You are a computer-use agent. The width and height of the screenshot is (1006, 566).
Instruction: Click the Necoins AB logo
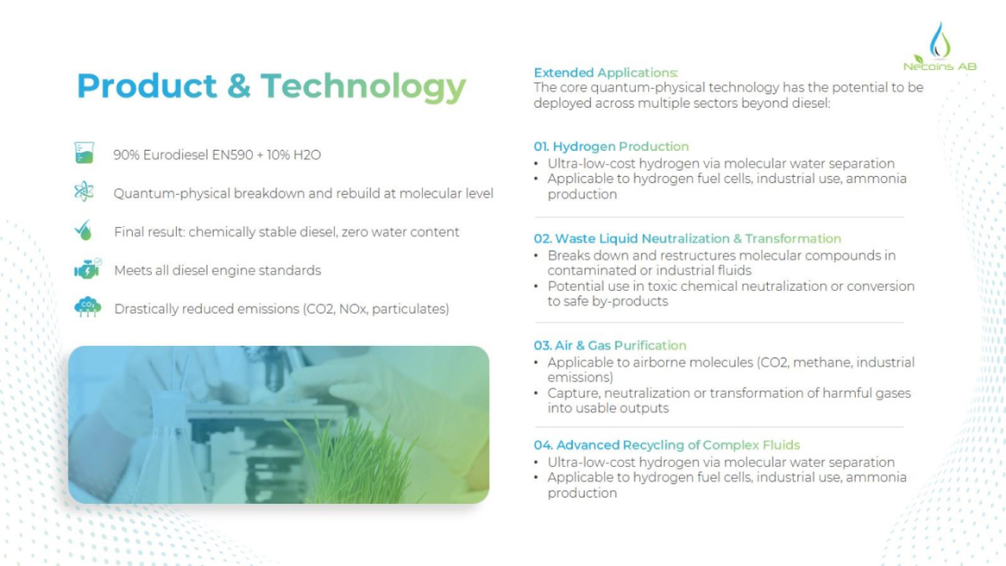pyautogui.click(x=940, y=46)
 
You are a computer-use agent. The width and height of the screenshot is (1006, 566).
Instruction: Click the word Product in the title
pyautogui.click(x=147, y=86)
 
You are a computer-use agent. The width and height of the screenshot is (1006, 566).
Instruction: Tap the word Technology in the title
pyautogui.click(x=363, y=87)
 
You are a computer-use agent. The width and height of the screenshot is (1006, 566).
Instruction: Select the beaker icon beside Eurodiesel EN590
pyautogui.click(x=84, y=153)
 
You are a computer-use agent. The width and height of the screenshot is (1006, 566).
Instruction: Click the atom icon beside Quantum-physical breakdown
pyautogui.click(x=84, y=191)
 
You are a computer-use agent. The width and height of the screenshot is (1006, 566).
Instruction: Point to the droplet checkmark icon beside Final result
pyautogui.click(x=83, y=230)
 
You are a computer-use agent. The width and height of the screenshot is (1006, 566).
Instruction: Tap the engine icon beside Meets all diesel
pyautogui.click(x=87, y=269)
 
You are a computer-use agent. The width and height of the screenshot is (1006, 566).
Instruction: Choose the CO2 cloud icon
pyautogui.click(x=87, y=307)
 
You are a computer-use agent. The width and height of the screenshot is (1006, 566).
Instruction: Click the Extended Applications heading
pyautogui.click(x=605, y=73)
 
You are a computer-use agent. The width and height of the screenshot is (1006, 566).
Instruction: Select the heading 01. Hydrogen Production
pyautogui.click(x=611, y=147)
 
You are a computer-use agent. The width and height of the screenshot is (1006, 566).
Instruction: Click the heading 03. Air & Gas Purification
pyautogui.click(x=610, y=345)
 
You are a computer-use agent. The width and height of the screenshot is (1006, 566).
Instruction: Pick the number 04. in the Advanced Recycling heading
pyautogui.click(x=543, y=445)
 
